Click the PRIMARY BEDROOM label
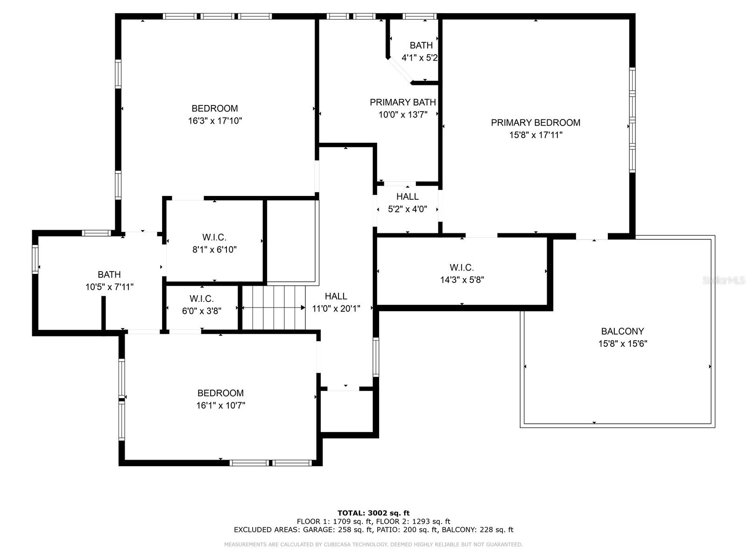point(536,123)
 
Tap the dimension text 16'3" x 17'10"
point(215,121)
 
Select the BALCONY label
point(622,331)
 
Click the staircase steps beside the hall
point(274,308)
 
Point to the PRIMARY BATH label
point(403,102)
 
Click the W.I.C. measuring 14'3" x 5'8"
point(462,273)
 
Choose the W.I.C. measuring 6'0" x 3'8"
point(202,305)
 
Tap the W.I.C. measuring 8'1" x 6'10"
point(214,243)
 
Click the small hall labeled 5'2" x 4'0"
point(408,203)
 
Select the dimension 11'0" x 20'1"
point(336,308)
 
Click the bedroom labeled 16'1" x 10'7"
point(220,399)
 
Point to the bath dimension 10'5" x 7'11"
point(109,287)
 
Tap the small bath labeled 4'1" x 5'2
point(420,51)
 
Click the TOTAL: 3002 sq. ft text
point(373,513)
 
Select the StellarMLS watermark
point(724,280)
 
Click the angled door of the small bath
point(400,70)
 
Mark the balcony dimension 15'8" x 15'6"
point(622,344)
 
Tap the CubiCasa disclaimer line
point(373,545)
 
